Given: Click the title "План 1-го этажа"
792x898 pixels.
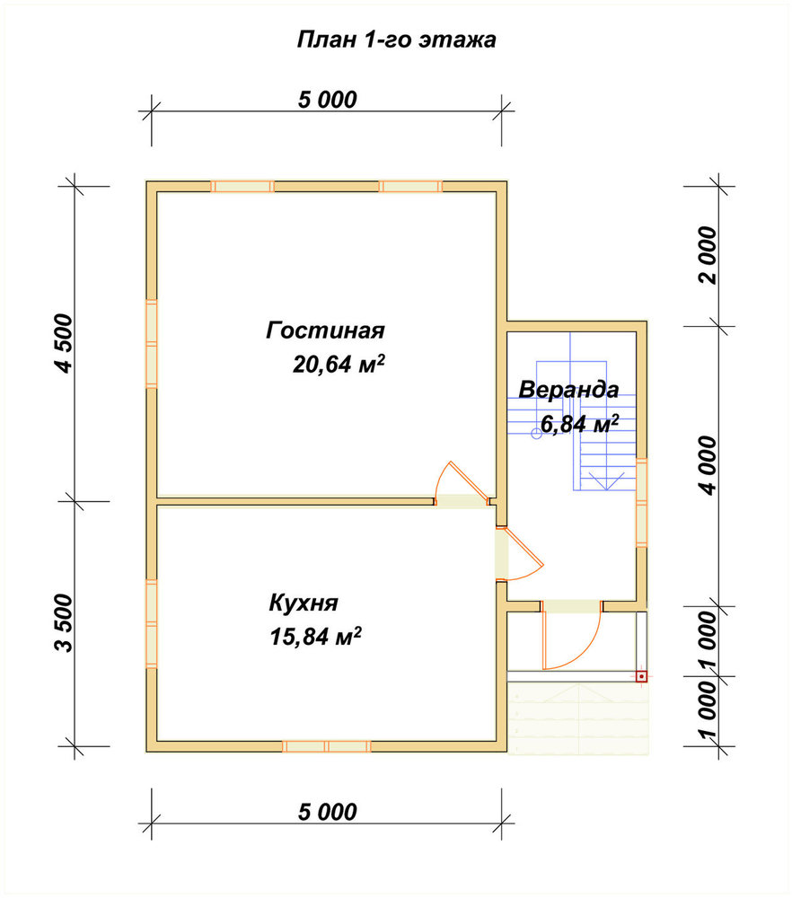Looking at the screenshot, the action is pyautogui.click(x=396, y=40).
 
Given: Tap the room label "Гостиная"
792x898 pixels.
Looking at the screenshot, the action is pyautogui.click(x=325, y=330).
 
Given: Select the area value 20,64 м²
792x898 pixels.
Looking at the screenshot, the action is pyautogui.click(x=339, y=364).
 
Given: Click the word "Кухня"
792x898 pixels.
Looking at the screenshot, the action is pyautogui.click(x=304, y=603).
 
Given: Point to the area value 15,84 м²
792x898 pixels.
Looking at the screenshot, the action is pyautogui.click(x=315, y=637).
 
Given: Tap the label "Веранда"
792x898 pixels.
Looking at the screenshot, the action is pyautogui.click(x=568, y=390).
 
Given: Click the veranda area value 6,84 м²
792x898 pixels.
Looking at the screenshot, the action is pyautogui.click(x=580, y=424).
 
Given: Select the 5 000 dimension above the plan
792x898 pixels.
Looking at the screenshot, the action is pyautogui.click(x=327, y=100).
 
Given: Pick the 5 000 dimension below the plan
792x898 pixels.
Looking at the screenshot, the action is pyautogui.click(x=327, y=812).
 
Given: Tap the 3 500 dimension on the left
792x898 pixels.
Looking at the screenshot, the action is pyautogui.click(x=65, y=623).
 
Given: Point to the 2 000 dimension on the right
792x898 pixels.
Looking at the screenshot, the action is pyautogui.click(x=708, y=255).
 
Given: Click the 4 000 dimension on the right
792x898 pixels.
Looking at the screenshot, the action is pyautogui.click(x=708, y=465).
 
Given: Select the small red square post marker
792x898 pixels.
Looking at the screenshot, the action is pyautogui.click(x=641, y=676).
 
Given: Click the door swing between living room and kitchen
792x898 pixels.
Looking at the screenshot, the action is pyautogui.click(x=462, y=483).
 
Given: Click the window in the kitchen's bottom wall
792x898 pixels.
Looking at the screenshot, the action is pyautogui.click(x=327, y=746).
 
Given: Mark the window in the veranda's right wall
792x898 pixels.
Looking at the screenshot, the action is pyautogui.click(x=642, y=502).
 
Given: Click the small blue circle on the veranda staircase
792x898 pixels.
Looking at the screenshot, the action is pyautogui.click(x=537, y=434).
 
